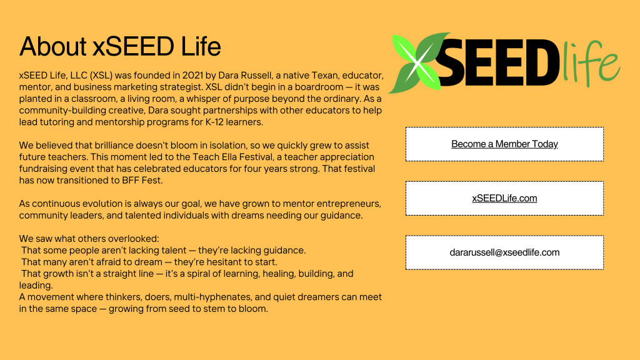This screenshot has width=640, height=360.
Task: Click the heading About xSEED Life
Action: click(x=120, y=47)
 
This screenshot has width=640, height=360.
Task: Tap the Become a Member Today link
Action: click(x=504, y=144)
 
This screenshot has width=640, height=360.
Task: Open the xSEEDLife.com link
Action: click(x=504, y=199)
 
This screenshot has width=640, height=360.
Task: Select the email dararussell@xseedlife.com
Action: click(x=504, y=252)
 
